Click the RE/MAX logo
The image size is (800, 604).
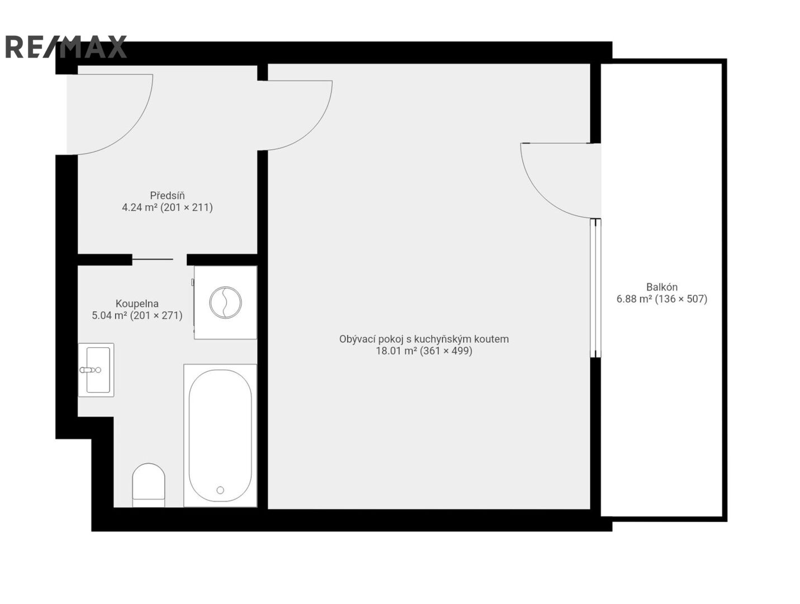click(x=65, y=46)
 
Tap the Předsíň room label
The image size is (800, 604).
click(x=167, y=195)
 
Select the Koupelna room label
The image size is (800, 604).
click(x=137, y=303)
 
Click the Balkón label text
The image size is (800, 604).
click(x=661, y=287)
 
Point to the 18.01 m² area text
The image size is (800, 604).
click(x=396, y=351)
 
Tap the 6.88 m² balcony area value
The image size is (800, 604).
click(x=634, y=299)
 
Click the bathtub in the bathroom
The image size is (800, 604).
click(x=220, y=435)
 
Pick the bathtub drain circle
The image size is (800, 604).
click(x=220, y=490)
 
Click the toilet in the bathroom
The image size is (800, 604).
click(x=148, y=485)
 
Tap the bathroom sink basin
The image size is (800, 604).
click(x=98, y=370)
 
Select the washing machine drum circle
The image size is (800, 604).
click(x=225, y=302)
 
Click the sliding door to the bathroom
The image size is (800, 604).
click(x=153, y=259)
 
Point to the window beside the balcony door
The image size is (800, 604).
click(x=595, y=288)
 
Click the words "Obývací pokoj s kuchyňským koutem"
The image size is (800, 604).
click(x=424, y=339)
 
